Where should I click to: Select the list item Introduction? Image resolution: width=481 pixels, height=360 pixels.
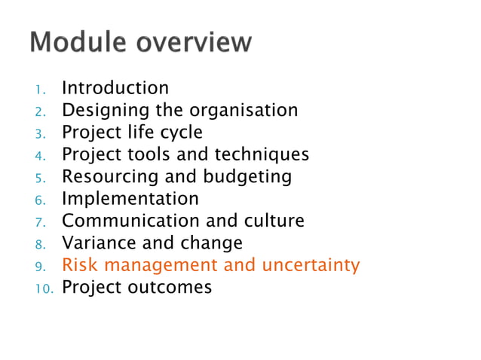click(x=115, y=89)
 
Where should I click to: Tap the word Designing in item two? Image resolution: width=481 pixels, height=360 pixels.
click(x=106, y=111)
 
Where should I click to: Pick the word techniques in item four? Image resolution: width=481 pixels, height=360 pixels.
click(x=262, y=154)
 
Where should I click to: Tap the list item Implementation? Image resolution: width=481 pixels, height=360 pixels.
click(x=130, y=199)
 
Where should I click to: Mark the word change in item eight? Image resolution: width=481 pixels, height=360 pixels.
click(x=211, y=243)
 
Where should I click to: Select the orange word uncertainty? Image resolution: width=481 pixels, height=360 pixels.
click(x=311, y=265)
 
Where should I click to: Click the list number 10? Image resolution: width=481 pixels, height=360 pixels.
click(x=44, y=288)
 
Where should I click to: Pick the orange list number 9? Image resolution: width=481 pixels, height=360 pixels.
click(x=43, y=266)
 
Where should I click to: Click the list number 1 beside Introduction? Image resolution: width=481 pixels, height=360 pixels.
click(x=43, y=90)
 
